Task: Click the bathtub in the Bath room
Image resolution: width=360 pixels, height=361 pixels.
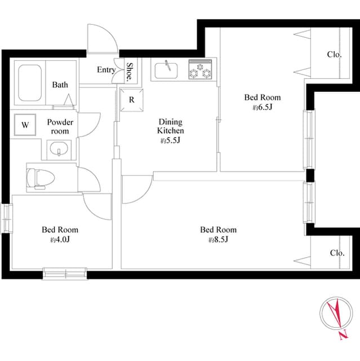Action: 30,83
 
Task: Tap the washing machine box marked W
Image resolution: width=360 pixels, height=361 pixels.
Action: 25,125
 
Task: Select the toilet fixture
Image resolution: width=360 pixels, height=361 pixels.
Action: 41,179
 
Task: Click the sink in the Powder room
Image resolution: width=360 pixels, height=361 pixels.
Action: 59,148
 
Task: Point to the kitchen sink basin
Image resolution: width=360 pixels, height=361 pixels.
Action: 166,71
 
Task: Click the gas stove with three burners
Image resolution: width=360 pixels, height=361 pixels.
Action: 200,69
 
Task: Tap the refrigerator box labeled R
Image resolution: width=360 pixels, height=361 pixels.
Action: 132,100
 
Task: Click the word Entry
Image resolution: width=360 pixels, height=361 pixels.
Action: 106,70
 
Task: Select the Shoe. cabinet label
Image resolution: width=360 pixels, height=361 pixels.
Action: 130,72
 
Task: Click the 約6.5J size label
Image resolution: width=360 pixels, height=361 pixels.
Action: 263,107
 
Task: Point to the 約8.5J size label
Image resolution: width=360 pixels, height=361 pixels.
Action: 218,240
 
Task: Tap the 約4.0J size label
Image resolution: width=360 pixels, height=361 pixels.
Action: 60,240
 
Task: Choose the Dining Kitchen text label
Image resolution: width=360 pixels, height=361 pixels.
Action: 171,126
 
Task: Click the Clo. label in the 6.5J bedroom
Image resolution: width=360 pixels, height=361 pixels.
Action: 334,55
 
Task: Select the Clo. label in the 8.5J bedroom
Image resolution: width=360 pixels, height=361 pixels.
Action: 337,253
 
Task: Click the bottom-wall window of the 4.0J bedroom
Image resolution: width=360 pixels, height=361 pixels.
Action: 65,274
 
